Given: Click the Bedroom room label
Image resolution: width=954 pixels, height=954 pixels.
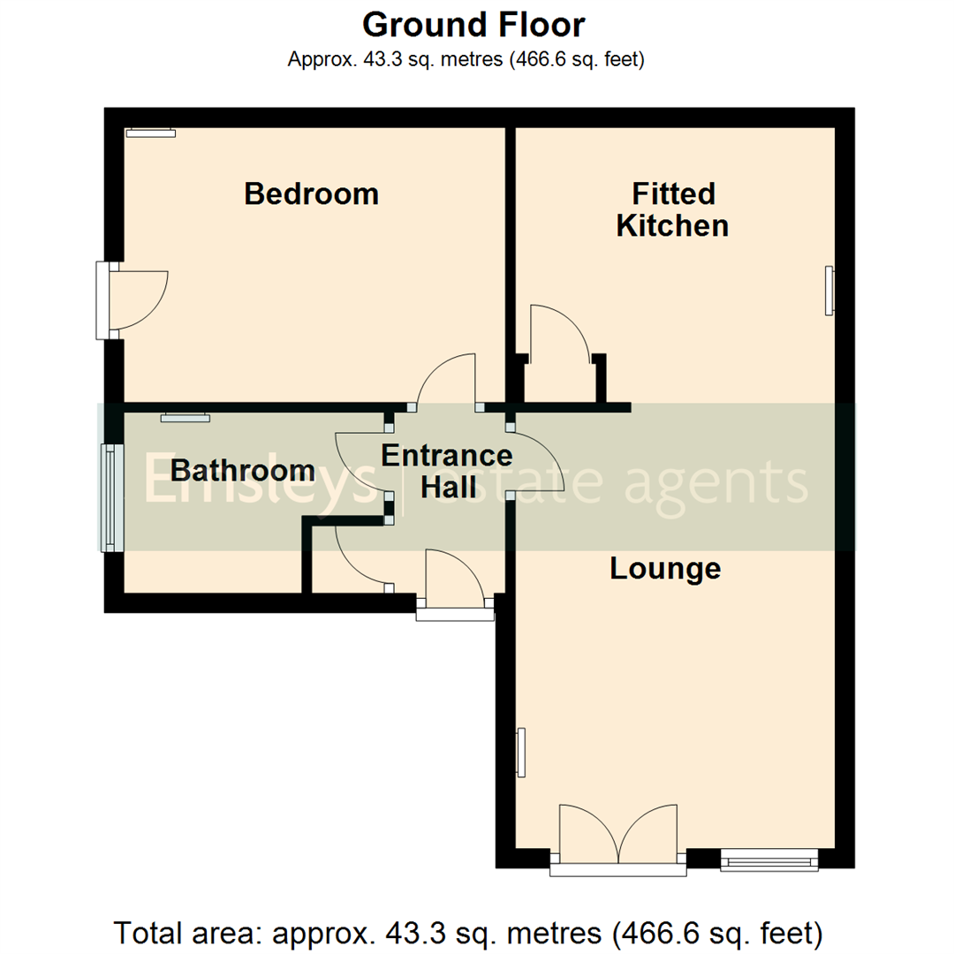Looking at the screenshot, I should pyautogui.click(x=311, y=193).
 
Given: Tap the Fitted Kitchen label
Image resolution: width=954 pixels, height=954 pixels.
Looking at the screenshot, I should pyautogui.click(x=672, y=209).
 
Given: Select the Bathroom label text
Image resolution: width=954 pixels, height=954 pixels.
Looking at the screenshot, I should pyautogui.click(x=242, y=469).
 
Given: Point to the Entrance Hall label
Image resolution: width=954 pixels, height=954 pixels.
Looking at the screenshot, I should pyautogui.click(x=446, y=471).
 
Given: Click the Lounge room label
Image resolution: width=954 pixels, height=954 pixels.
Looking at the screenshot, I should pyautogui.click(x=665, y=569).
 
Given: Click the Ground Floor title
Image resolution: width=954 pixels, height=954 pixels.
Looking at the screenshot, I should pyautogui.click(x=473, y=25).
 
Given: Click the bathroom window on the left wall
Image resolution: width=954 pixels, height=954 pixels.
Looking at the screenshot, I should pyautogui.click(x=110, y=497).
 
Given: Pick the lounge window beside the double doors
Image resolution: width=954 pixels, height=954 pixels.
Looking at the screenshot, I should pyautogui.click(x=768, y=858).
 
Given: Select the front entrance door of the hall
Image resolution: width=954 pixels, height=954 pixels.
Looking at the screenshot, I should pyautogui.click(x=454, y=583).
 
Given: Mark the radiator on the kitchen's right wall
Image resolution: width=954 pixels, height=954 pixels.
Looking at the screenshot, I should pyautogui.click(x=829, y=290).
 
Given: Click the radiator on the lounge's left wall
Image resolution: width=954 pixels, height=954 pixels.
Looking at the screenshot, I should pyautogui.click(x=521, y=753).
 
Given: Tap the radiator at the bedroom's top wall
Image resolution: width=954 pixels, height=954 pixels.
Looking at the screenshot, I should pyautogui.click(x=150, y=133).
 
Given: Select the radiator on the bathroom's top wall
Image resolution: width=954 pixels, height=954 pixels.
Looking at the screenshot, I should pyautogui.click(x=185, y=418).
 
